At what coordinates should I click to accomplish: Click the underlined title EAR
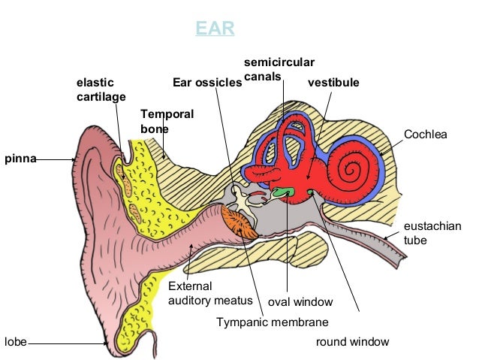(x=215, y=29)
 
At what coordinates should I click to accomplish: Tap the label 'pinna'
(x=19, y=159)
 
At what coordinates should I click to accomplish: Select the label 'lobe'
(x=15, y=342)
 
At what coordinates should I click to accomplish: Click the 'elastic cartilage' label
(x=101, y=89)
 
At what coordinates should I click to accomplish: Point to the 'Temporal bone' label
(x=167, y=122)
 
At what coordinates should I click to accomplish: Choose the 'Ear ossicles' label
(x=207, y=83)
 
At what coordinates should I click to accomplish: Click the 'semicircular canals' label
(x=279, y=69)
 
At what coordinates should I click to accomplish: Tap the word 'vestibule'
(x=333, y=82)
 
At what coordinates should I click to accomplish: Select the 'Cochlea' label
(x=425, y=135)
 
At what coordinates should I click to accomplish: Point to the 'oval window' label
(x=300, y=302)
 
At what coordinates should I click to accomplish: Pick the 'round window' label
(x=352, y=342)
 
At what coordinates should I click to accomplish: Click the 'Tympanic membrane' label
(x=273, y=322)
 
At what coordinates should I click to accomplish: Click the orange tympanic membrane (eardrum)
(x=240, y=223)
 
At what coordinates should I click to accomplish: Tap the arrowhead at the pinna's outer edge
(x=74, y=159)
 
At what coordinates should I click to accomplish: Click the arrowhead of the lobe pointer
(x=107, y=343)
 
